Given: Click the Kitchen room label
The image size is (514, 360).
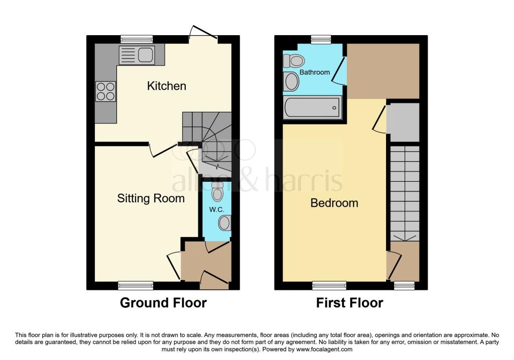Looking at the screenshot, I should point(166,86).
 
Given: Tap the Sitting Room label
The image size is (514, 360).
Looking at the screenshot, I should point(151,198).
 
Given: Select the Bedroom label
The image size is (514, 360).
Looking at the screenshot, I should point(334,203).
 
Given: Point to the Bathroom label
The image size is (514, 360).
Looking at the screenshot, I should point(315,72).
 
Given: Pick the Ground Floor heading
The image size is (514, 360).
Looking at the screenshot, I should point(163,303).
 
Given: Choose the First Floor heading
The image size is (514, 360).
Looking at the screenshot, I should point(349,303).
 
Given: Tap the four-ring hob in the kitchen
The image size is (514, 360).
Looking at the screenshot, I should point(105,91).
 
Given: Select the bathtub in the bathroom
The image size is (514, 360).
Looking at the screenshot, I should point(312,108).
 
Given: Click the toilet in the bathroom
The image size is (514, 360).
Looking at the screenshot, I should point(294,61).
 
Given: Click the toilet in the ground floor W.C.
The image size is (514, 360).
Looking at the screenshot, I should point(217,192).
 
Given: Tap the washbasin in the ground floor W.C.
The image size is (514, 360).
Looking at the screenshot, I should point(225,223).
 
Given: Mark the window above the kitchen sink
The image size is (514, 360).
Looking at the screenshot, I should point(137,39).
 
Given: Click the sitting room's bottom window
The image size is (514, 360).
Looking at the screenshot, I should point(136,286).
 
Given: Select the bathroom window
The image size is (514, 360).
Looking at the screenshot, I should point(321,39).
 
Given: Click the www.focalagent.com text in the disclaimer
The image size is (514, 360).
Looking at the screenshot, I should point(325,349).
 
